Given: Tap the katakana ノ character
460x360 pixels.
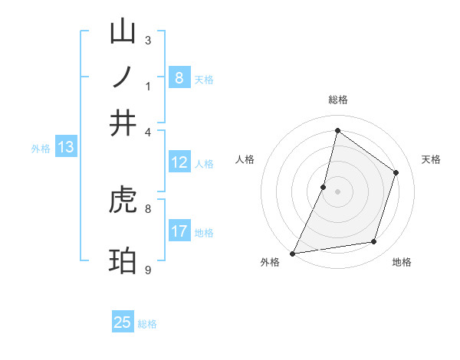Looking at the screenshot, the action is pyautogui.click(x=123, y=78).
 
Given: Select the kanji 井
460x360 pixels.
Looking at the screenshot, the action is pyautogui.click(x=123, y=123).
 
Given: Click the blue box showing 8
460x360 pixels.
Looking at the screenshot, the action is pyautogui.click(x=179, y=78).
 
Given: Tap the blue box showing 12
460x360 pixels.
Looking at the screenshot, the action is pyautogui.click(x=179, y=162).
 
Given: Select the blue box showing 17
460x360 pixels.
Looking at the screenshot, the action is pyautogui.click(x=179, y=231).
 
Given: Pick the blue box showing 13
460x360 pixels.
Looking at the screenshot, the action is pyautogui.click(x=65, y=148).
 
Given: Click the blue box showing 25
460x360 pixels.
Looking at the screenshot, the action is pyautogui.click(x=123, y=322).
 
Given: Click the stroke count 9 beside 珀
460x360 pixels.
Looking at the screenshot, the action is pyautogui.click(x=147, y=270).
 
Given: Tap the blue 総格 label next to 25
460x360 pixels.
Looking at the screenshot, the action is pyautogui.click(x=147, y=324).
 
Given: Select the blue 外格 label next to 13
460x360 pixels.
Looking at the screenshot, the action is pyautogui.click(x=41, y=149).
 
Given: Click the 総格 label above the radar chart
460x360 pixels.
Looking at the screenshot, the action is pyautogui.click(x=337, y=100).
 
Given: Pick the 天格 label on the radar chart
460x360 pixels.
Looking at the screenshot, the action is pyautogui.click(x=431, y=159).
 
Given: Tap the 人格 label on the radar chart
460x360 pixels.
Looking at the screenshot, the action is pyautogui.click(x=245, y=159).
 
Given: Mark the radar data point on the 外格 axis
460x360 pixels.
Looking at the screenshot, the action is pyautogui.click(x=292, y=253).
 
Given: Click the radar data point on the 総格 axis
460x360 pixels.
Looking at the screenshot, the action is pyautogui.click(x=337, y=130).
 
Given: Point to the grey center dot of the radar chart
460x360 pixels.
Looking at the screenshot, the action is pyautogui.click(x=337, y=191).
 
